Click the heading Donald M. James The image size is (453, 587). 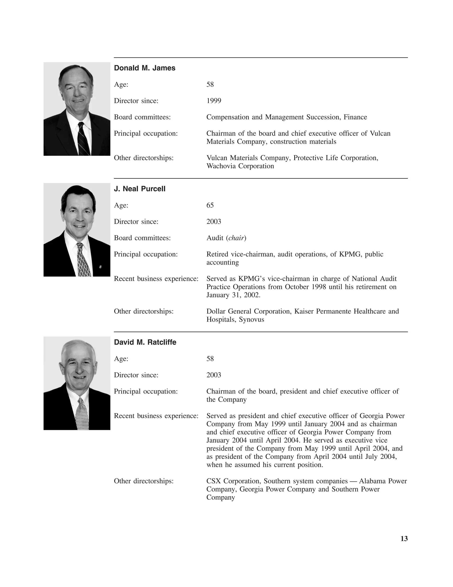coord(144,68)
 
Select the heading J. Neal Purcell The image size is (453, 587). coord(140,189)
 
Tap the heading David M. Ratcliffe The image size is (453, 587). coord(145,342)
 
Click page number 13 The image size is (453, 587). coord(404,539)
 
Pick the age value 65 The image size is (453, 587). coord(210,205)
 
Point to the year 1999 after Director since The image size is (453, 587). coord(214,101)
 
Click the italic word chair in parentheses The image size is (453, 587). coord(236,238)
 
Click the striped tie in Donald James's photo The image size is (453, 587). coord(83,140)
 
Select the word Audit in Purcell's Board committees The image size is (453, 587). coord(215,238)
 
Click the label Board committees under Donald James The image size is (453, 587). coord(142,117)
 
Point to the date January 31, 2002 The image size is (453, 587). coord(233,295)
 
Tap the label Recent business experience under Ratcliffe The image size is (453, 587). coord(156,416)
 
